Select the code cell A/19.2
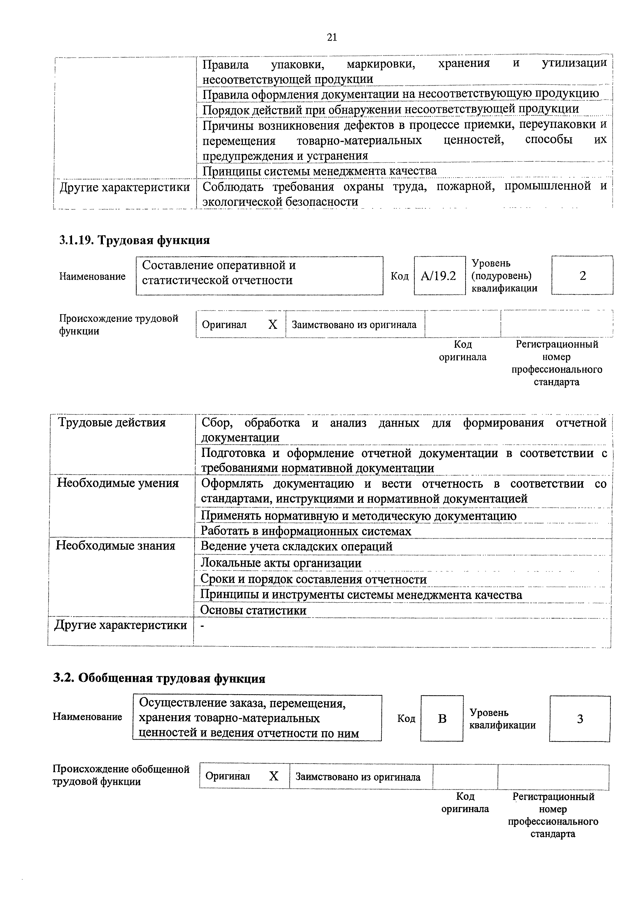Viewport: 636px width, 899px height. pyautogui.click(x=439, y=276)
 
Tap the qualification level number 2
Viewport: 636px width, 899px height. pyautogui.click(x=582, y=276)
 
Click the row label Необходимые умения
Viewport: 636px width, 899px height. pyautogui.click(x=117, y=483)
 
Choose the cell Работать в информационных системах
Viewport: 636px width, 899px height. pyautogui.click(x=306, y=531)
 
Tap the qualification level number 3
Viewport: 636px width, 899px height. pyautogui.click(x=580, y=719)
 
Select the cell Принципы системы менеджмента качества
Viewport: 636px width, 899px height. pyautogui.click(x=319, y=171)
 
